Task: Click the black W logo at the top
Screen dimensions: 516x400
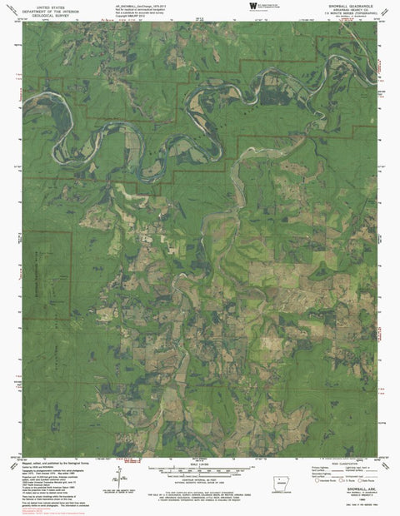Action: click(253, 5)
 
